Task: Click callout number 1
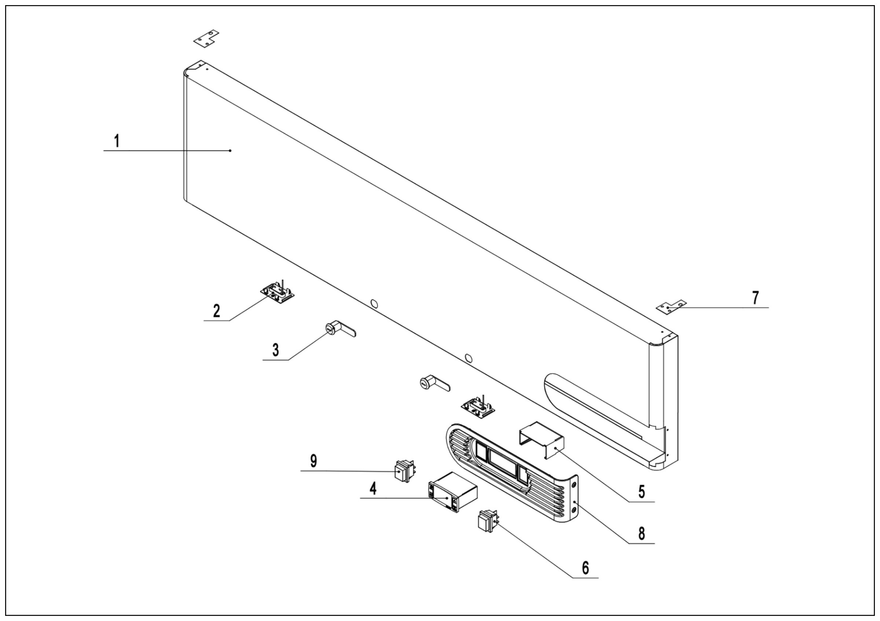click(117, 141)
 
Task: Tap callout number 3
click(276, 350)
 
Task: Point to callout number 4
click(373, 488)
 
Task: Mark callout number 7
click(755, 298)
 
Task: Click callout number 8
click(642, 533)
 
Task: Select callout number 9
click(313, 461)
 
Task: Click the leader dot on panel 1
click(230, 151)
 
